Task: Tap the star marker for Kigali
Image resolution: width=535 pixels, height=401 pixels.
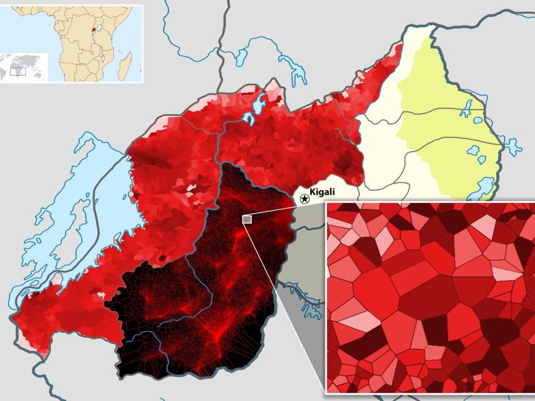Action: click(304, 199)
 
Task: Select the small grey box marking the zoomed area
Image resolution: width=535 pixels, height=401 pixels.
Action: click(247, 219)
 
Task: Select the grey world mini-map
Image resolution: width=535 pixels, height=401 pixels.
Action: click(24, 66)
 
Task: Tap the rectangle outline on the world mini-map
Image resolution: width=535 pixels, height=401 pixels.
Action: click(18, 71)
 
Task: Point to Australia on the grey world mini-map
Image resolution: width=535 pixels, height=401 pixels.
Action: click(40, 73)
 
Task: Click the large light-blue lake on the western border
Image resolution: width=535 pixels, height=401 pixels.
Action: click(94, 207)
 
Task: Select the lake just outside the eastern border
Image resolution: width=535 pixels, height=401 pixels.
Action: click(512, 148)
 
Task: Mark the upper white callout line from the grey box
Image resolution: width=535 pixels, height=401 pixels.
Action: click(285, 209)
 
